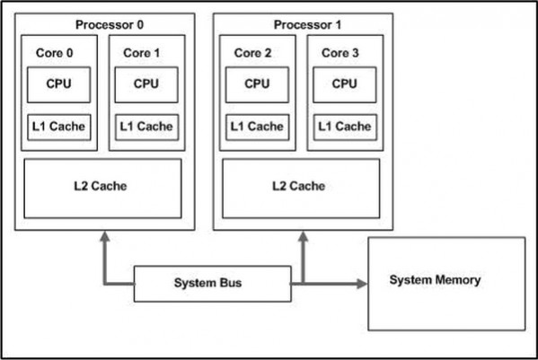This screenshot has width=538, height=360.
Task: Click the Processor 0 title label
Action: pyautogui.click(x=110, y=24)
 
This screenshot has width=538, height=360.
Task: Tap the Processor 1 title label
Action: pyautogui.click(x=307, y=24)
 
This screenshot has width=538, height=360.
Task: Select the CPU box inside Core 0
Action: pyautogui.click(x=59, y=84)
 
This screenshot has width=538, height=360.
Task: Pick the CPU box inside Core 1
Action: pyautogui.click(x=146, y=84)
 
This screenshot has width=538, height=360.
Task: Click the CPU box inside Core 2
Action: pyautogui.click(x=258, y=84)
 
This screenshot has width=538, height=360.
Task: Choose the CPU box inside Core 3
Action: pyautogui.click(x=345, y=84)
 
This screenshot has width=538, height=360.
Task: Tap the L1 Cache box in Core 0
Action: pyautogui.click(x=59, y=127)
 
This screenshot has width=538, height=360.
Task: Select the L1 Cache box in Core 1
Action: pyautogui.click(x=147, y=127)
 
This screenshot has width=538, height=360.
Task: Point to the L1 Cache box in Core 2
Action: pyautogui.click(x=258, y=127)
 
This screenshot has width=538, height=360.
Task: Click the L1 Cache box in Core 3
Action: pyautogui.click(x=345, y=127)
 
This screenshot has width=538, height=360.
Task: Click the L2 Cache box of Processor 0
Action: pyautogui.click(x=102, y=189)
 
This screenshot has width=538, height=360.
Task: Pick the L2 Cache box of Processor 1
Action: pyautogui.click(x=301, y=189)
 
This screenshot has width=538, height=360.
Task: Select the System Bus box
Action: pyautogui.click(x=213, y=284)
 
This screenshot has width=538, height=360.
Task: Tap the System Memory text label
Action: pyautogui.click(x=435, y=280)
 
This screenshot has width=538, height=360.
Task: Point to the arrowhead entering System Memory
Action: pyautogui.click(x=362, y=284)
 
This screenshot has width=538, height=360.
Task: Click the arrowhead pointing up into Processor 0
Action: pyautogui.click(x=105, y=237)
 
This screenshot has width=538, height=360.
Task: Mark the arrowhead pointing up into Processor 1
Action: pyautogui.click(x=303, y=237)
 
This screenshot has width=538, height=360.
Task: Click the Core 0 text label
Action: pyautogui.click(x=54, y=53)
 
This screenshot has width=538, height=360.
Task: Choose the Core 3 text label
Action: pyautogui.click(x=340, y=53)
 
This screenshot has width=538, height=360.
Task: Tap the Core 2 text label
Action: pyautogui.click(x=252, y=53)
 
